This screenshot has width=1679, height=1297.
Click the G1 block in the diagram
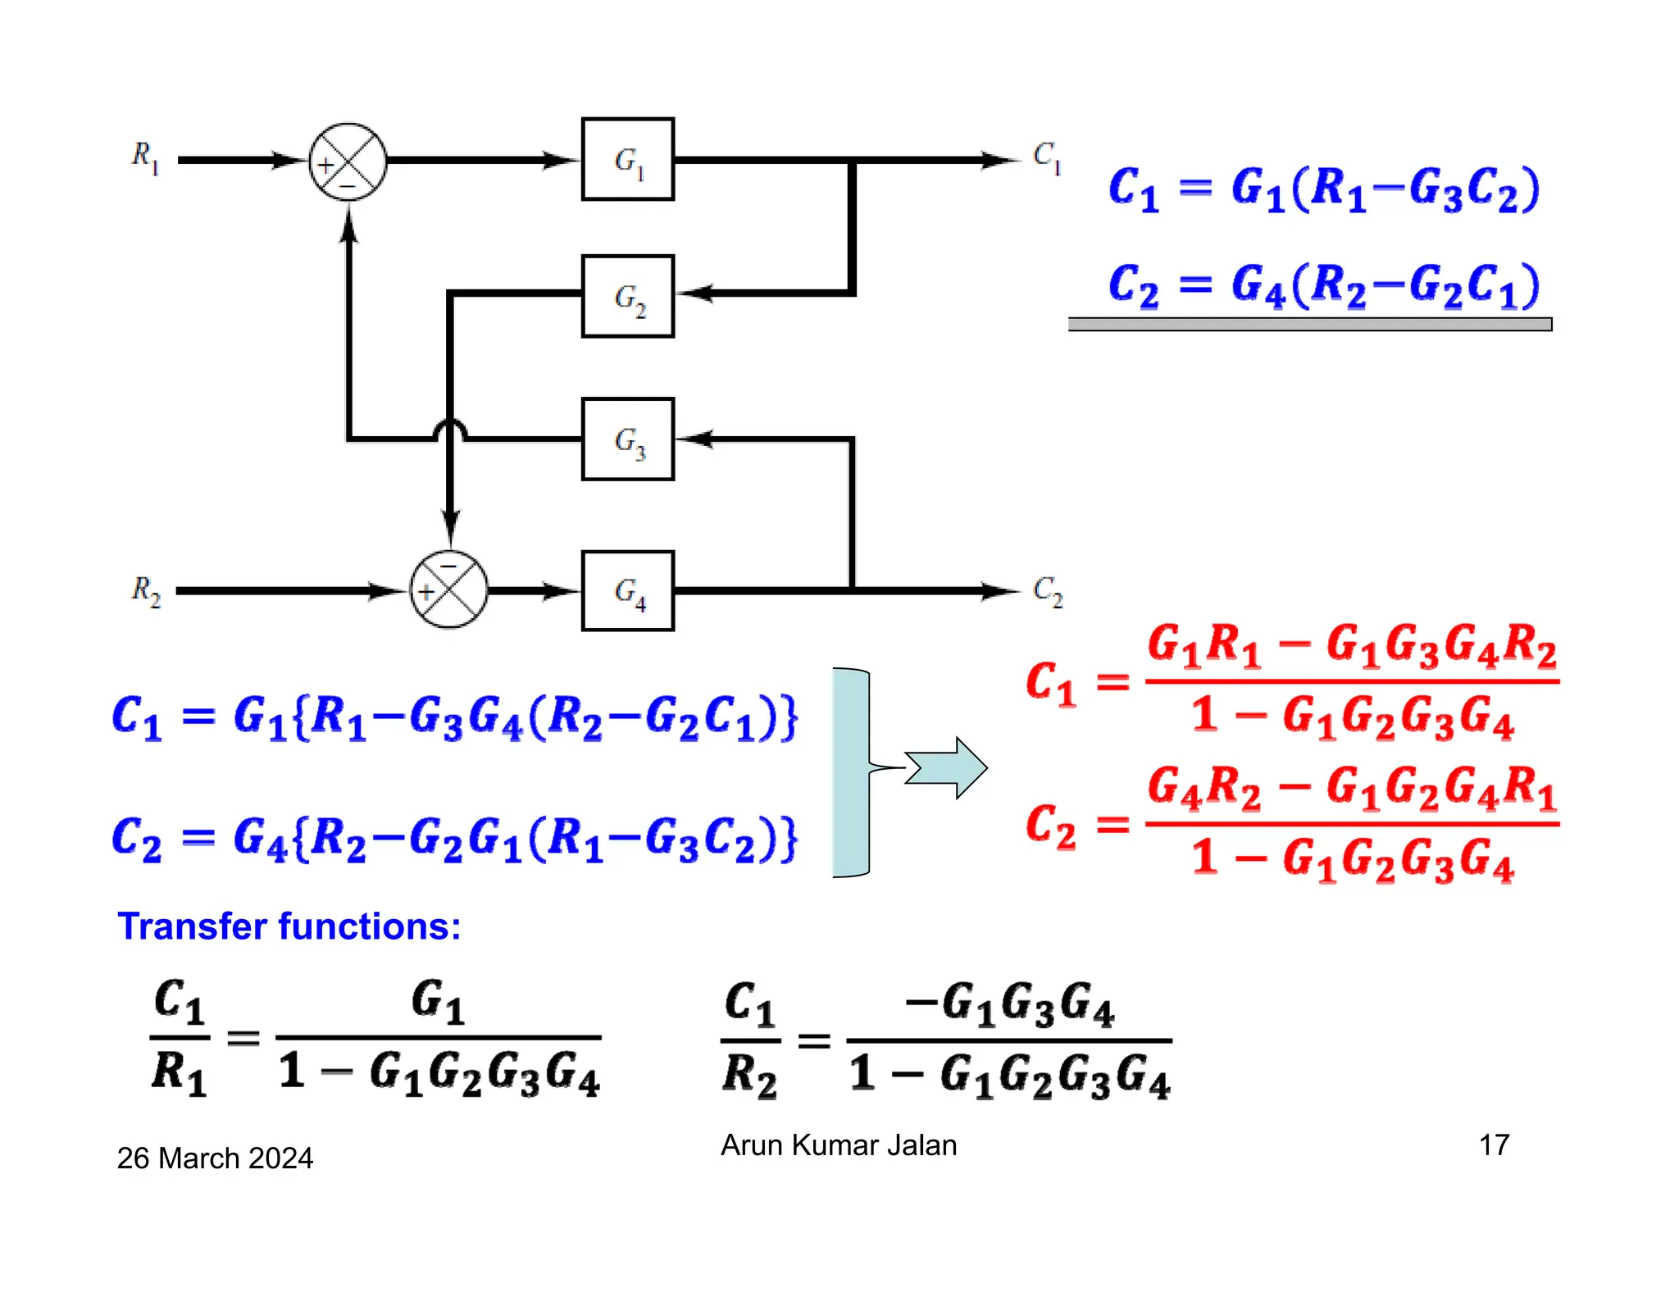click(x=627, y=159)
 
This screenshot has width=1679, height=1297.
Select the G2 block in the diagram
click(x=627, y=296)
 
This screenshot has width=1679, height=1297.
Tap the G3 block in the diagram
click(x=627, y=439)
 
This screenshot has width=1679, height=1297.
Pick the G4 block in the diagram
click(x=627, y=590)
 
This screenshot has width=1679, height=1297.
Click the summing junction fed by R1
click(x=348, y=162)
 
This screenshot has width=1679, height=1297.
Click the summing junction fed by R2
click(x=448, y=590)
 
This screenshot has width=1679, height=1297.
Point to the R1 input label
click(x=144, y=156)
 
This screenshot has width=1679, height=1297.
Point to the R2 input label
click(x=145, y=590)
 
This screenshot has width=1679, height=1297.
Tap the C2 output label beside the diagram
click(x=1047, y=590)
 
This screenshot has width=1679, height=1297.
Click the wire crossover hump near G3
click(x=449, y=429)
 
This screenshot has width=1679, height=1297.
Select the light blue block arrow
click(x=947, y=768)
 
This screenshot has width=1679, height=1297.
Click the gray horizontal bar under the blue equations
click(x=1309, y=325)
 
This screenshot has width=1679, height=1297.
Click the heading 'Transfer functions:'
click(x=289, y=926)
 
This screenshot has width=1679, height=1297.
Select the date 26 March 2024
click(x=215, y=1158)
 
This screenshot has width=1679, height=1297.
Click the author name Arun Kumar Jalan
click(x=838, y=1145)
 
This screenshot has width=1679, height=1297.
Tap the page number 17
click(x=1493, y=1145)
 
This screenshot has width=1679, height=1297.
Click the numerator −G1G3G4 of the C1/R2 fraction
click(x=1009, y=1004)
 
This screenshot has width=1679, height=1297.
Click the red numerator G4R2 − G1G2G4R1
click(x=1351, y=789)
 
